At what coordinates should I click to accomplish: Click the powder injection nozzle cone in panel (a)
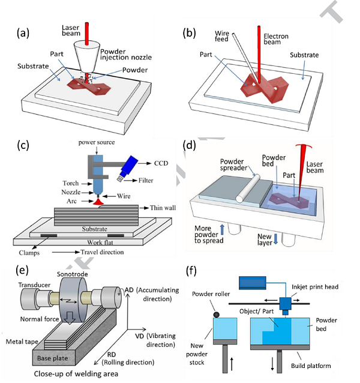(x=86, y=56)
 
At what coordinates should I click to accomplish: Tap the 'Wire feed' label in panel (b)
(x=221, y=36)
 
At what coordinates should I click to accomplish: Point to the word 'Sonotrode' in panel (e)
(x=72, y=274)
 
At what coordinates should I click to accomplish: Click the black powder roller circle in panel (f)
(x=216, y=315)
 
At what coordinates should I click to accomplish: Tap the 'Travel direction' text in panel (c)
(x=102, y=252)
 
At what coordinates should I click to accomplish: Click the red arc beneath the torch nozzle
(x=98, y=202)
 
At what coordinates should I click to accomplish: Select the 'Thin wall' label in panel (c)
(x=163, y=208)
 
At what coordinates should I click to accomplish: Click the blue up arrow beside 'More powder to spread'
(x=222, y=229)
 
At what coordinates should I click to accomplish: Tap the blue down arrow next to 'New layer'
(x=275, y=239)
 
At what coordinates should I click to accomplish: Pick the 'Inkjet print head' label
(x=315, y=287)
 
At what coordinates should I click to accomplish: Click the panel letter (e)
(x=22, y=270)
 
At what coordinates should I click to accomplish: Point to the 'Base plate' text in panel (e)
(x=52, y=358)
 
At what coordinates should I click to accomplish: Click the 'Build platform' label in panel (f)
(x=311, y=366)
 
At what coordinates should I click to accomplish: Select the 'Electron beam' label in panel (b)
(x=276, y=39)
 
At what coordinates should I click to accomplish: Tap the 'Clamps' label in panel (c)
(x=29, y=253)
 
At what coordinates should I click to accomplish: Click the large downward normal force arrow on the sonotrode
(x=70, y=318)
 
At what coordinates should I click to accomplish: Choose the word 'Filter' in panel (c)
(x=146, y=181)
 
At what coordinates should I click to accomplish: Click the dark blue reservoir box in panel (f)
(x=253, y=283)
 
